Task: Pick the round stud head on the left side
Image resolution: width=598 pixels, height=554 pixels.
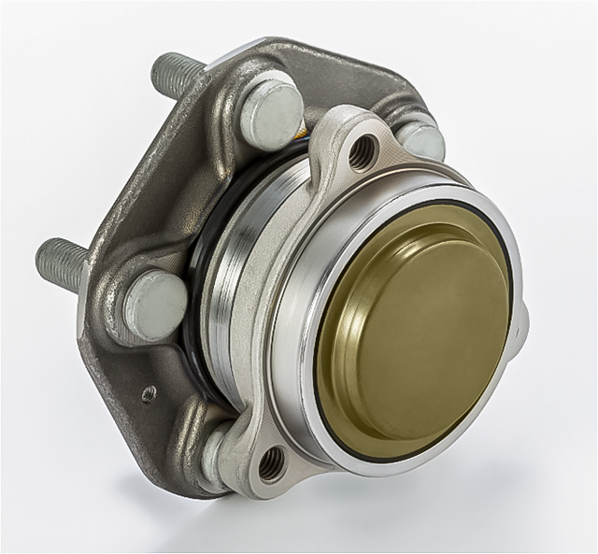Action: (x=155, y=304)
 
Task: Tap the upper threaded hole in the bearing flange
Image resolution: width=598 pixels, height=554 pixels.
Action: (x=363, y=151)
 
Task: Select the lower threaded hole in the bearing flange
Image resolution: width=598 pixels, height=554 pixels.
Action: (x=271, y=461)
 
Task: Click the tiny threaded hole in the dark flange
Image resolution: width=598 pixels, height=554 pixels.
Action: (x=148, y=394)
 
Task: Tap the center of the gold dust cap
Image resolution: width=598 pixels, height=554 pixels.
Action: (x=420, y=322)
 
